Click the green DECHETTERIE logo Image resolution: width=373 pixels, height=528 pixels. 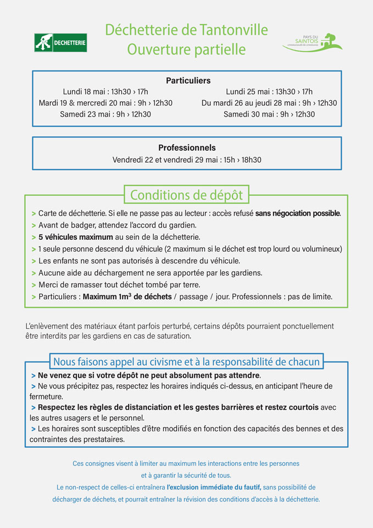coord(60,42)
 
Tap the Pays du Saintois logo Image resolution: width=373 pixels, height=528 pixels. coord(312,42)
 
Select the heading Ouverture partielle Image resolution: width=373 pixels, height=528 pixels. coord(186,50)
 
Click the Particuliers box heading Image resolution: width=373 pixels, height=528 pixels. coord(188,80)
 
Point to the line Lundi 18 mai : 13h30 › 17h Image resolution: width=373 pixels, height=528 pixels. coord(105,91)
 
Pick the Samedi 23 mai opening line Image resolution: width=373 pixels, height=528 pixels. coord(105,114)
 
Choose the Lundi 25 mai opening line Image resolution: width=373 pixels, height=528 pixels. coord(269,91)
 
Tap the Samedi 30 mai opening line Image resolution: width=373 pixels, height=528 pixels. coord(269,114)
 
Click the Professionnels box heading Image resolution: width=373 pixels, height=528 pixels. coord(187,147)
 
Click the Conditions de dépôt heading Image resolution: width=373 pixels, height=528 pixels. coord(186,195)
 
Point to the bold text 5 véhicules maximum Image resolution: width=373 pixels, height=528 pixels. coord(75,237)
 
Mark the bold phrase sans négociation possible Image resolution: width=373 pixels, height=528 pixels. coord(298,213)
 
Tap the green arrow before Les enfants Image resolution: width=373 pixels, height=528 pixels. coord(34,261)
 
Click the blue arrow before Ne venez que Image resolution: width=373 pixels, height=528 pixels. coord(34,375)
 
